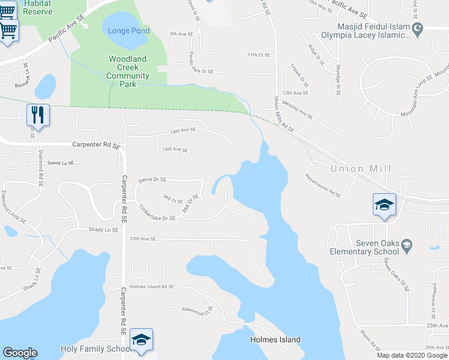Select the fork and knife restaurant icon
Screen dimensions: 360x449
click(x=38, y=115)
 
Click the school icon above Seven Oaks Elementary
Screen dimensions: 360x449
click(x=384, y=205)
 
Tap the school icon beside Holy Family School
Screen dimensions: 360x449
click(x=141, y=340)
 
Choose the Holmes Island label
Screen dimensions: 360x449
click(x=275, y=340)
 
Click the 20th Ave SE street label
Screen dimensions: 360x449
click(x=143, y=239)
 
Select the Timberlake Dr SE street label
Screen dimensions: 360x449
click(x=157, y=213)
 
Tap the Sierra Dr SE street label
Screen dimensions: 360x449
click(x=152, y=179)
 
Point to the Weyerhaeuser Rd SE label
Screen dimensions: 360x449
click(x=323, y=186)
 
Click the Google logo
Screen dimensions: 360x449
click(x=20, y=353)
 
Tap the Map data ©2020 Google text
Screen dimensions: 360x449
click(x=412, y=355)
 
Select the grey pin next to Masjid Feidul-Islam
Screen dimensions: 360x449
click(x=419, y=28)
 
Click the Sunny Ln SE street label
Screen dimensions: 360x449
click(x=60, y=163)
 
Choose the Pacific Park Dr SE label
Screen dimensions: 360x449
click(x=199, y=70)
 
